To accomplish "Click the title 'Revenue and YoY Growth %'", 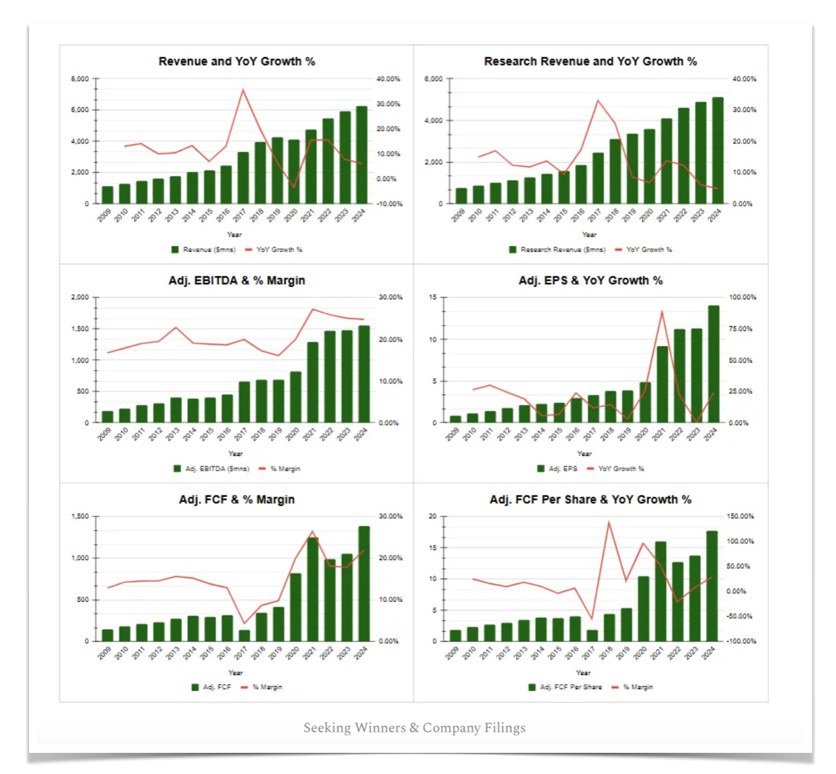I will (236, 62).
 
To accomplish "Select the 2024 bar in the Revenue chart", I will (361, 155).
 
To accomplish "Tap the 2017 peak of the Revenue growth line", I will (243, 90).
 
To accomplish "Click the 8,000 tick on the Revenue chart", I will (80, 79).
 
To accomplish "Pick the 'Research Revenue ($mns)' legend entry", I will (562, 249).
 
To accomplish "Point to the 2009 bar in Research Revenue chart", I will (461, 196).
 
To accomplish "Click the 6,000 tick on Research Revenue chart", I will (433, 79).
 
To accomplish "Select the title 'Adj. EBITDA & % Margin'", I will (236, 280).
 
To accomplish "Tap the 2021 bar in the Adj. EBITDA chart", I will (312, 382).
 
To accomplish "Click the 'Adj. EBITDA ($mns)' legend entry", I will (217, 468).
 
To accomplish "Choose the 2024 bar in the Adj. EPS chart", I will (714, 364).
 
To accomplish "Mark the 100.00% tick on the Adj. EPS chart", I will (742, 297).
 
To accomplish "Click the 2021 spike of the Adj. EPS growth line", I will (662, 312).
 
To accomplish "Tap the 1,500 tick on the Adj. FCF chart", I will (80, 516).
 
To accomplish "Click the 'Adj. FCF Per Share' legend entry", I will (570, 687).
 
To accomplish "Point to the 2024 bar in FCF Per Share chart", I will (712, 586).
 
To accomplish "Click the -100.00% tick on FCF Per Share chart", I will (741, 641).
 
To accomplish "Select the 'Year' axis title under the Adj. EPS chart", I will (584, 454).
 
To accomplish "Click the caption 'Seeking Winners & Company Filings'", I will (414, 728).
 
